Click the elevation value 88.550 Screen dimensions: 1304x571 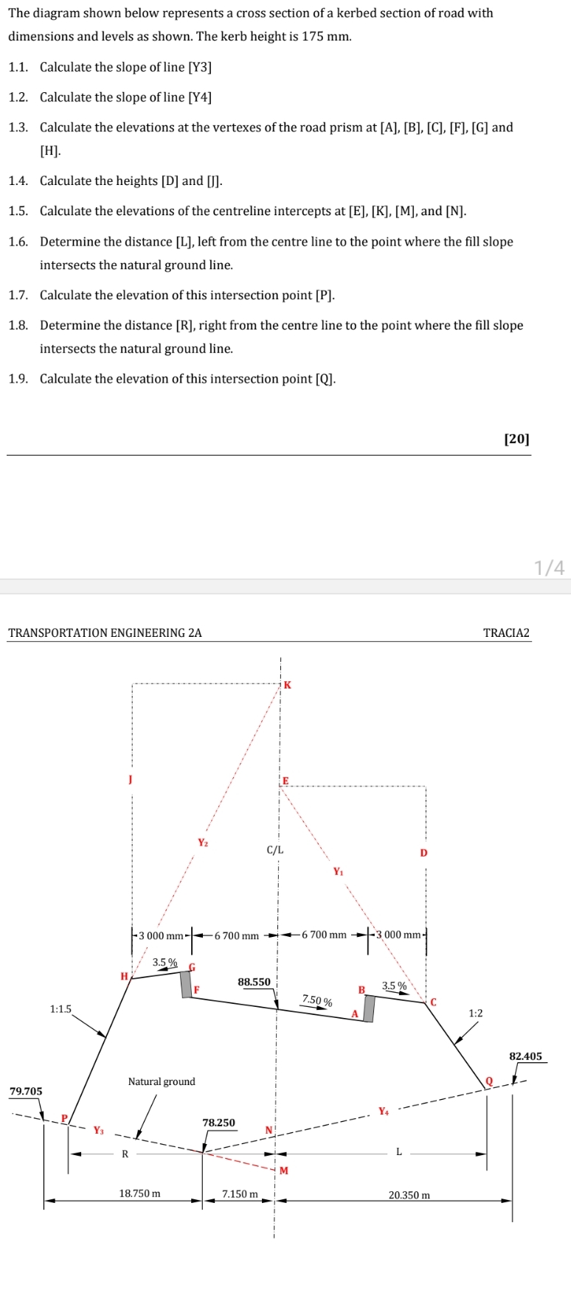click(x=254, y=982)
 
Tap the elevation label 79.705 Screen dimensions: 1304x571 click(x=26, y=1091)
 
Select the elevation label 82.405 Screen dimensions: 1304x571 click(x=525, y=1056)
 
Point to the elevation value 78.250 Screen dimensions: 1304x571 click(x=218, y=1123)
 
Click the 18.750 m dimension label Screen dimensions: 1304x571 click(x=139, y=1193)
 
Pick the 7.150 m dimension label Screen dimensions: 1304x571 click(x=240, y=1193)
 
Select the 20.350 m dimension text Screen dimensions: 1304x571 click(x=409, y=1194)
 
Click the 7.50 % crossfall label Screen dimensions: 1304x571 click(x=316, y=1000)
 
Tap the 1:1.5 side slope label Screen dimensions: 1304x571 click(x=60, y=1009)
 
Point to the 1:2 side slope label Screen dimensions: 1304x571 click(x=476, y=1014)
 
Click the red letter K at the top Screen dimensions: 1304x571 click(x=288, y=685)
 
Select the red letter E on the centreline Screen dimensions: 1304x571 click(x=286, y=780)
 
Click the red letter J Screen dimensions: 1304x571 click(x=130, y=778)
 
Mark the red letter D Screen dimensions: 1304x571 click(x=423, y=853)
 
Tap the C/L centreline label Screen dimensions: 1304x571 click(x=274, y=850)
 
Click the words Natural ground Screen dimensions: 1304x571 click(x=162, y=1081)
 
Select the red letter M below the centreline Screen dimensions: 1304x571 click(x=283, y=1171)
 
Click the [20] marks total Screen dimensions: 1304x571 click(x=516, y=439)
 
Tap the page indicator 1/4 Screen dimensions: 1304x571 click(x=550, y=567)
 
